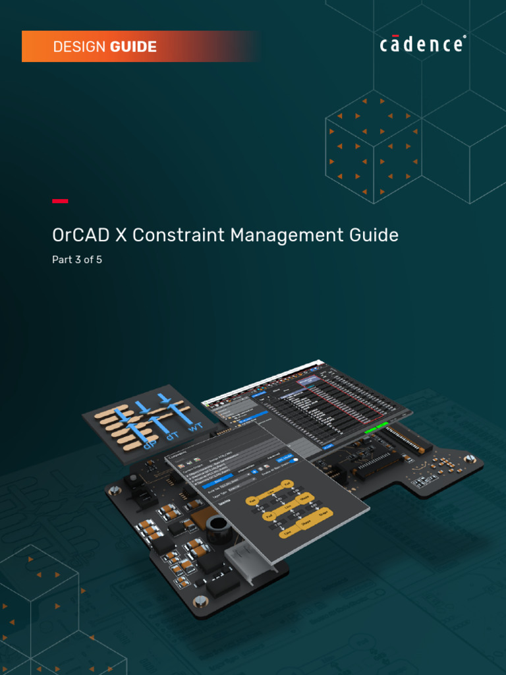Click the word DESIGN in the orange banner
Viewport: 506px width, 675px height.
click(80, 47)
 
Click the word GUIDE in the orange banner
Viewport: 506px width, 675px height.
click(133, 47)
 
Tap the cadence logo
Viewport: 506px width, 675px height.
click(422, 45)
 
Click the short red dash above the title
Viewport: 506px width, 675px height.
click(60, 201)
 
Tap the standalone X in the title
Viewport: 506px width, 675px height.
click(121, 235)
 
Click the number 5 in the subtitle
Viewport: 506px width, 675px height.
click(99, 260)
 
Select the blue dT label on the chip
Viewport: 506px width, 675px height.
click(172, 435)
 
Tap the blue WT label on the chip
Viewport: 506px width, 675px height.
click(195, 426)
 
